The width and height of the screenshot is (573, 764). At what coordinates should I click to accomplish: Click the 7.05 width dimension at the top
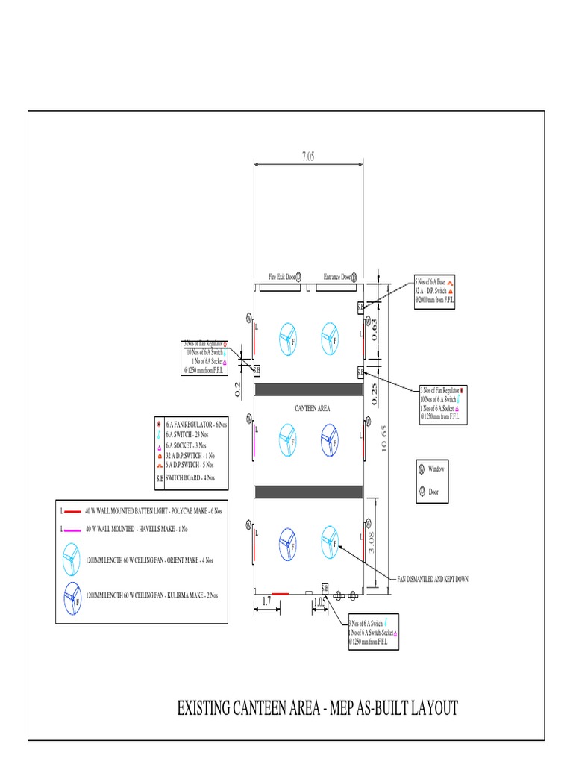pos(308,157)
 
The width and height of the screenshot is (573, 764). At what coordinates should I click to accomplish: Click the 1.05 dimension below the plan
pos(320,601)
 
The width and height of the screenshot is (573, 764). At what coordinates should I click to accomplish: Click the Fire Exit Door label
pos(282,277)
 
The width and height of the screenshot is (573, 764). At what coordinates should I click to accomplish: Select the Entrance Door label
pos(337,277)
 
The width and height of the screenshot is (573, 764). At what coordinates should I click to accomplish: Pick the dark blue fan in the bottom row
pos(286,542)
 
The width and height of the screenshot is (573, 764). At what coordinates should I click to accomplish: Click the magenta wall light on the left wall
pos(254,439)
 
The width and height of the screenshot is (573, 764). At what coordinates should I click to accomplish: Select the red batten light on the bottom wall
pos(280,594)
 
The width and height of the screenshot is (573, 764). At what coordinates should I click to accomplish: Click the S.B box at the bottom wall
pos(325,588)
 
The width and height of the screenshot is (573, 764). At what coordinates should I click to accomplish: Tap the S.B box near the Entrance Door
pos(360,307)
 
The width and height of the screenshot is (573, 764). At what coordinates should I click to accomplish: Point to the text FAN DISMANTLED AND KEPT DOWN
pos(433,579)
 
